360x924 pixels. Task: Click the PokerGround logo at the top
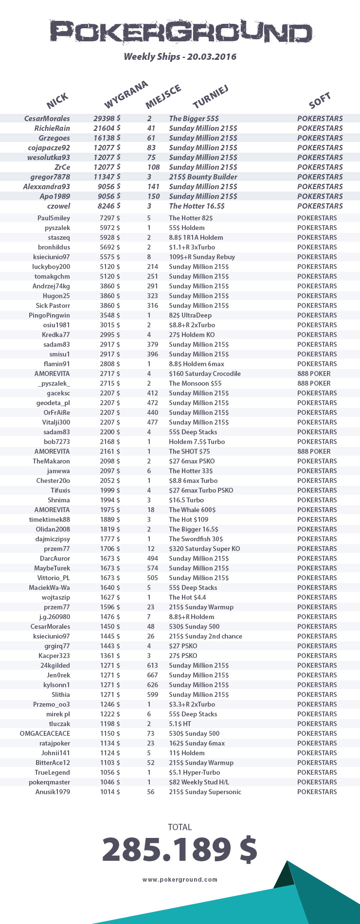point(180,33)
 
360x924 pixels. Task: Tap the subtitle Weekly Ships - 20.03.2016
point(180,57)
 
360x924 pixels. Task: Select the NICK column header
point(58,101)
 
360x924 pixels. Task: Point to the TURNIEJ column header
point(210,96)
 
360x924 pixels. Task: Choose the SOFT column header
point(320,100)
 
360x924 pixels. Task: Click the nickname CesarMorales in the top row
point(47,119)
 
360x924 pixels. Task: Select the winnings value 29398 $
point(107,119)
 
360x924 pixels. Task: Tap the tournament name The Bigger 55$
point(194,119)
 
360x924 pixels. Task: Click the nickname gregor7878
point(50,177)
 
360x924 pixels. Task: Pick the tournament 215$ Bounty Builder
point(203,177)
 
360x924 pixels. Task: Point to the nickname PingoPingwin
point(49,315)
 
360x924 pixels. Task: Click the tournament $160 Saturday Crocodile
point(204,373)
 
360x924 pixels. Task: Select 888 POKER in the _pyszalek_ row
point(314,383)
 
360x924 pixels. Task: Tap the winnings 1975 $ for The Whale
point(110,510)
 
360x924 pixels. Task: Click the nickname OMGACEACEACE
point(45,733)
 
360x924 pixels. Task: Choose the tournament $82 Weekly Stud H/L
point(198,782)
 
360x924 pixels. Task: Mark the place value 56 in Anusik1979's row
point(151,792)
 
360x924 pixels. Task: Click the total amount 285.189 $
point(180,850)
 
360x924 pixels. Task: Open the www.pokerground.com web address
point(180,879)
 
